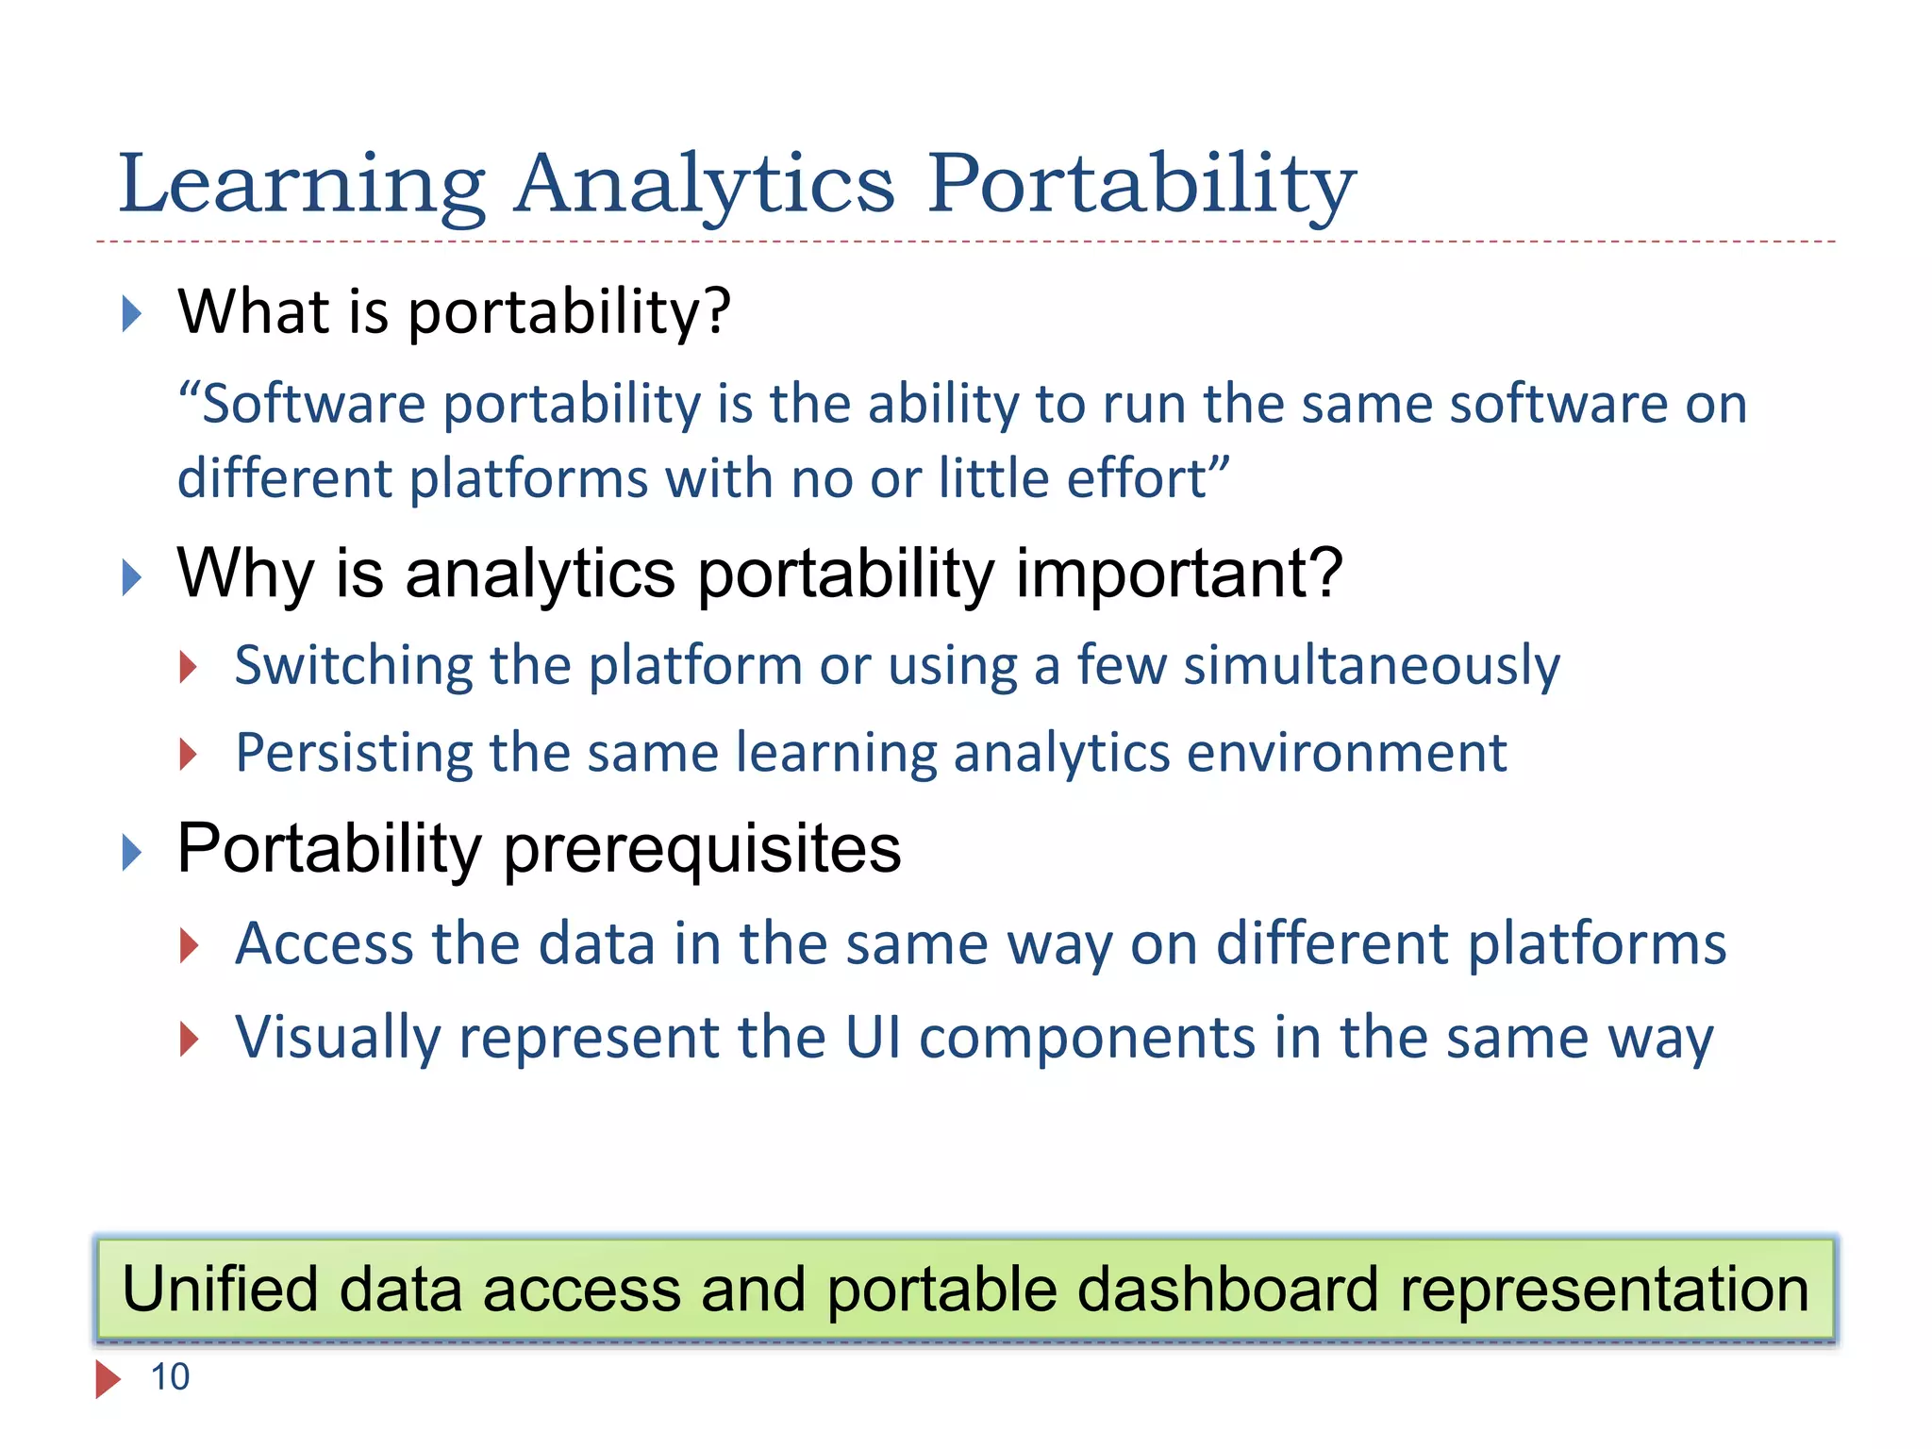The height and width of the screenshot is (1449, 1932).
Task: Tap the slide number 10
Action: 170,1377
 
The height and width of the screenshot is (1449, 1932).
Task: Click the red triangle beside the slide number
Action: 108,1379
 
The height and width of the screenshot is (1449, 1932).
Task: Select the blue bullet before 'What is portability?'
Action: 131,313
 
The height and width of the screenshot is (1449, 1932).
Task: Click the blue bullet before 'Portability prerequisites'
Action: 131,853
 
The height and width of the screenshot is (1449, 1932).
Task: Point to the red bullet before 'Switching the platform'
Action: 189,667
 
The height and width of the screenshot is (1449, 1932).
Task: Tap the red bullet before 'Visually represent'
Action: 189,1039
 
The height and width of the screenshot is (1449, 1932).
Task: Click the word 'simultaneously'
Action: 1372,666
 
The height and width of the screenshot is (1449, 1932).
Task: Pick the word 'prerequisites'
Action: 702,849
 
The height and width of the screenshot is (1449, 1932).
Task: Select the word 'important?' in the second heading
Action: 1178,574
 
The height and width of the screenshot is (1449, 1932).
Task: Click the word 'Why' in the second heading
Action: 244,574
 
